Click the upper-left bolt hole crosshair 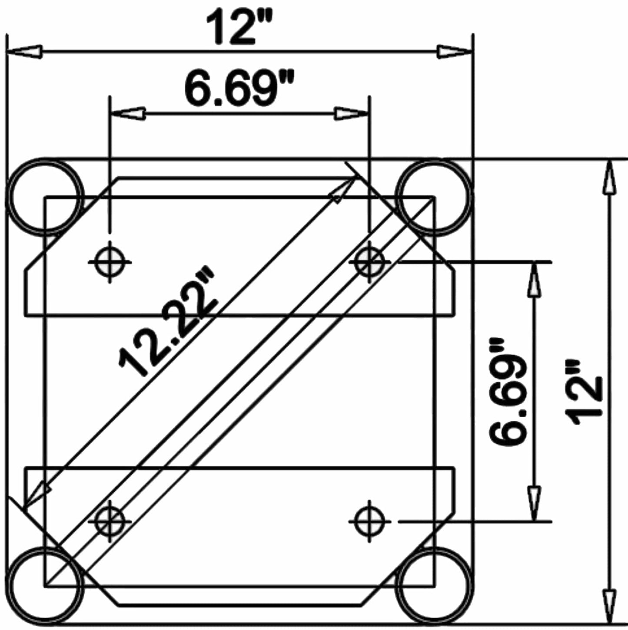[110, 262]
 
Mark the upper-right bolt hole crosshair [369, 262]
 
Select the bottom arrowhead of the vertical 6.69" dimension [534, 504]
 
